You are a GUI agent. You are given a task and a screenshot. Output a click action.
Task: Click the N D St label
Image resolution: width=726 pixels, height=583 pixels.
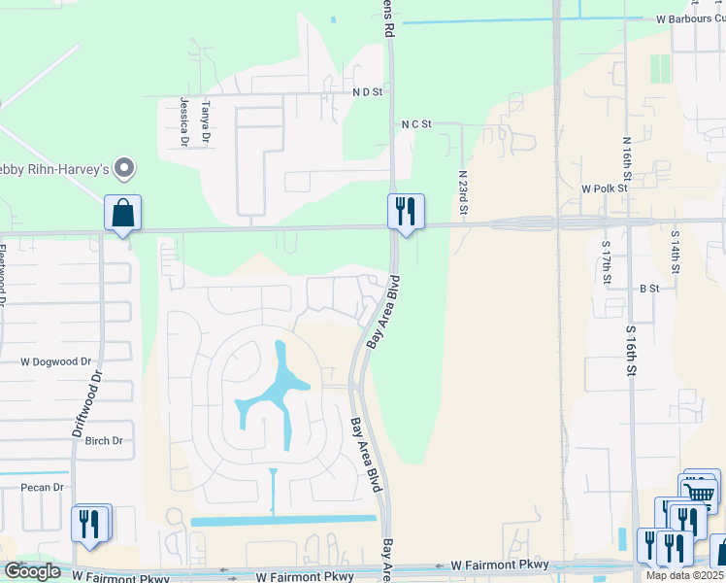(368, 92)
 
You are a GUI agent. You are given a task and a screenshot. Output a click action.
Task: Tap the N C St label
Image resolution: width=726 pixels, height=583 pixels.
(415, 124)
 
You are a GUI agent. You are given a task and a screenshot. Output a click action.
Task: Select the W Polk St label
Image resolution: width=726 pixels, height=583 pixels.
(606, 188)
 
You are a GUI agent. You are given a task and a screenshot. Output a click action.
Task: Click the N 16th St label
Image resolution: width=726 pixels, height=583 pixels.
(627, 160)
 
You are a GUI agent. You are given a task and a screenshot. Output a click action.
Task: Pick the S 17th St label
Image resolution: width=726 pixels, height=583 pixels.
(606, 261)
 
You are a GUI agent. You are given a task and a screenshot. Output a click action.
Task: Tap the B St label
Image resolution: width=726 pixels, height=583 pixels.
(649, 289)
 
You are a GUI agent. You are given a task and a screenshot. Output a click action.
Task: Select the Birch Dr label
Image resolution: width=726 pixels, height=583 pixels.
(104, 440)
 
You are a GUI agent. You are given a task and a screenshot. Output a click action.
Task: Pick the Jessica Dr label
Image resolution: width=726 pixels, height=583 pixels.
(182, 121)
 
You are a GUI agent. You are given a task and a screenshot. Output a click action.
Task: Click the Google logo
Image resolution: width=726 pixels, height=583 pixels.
(33, 571)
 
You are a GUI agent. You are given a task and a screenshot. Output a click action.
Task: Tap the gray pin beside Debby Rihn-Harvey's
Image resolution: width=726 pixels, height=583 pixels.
(123, 169)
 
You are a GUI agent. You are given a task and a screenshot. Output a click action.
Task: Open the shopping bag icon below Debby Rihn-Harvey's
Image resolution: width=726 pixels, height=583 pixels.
(123, 212)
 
